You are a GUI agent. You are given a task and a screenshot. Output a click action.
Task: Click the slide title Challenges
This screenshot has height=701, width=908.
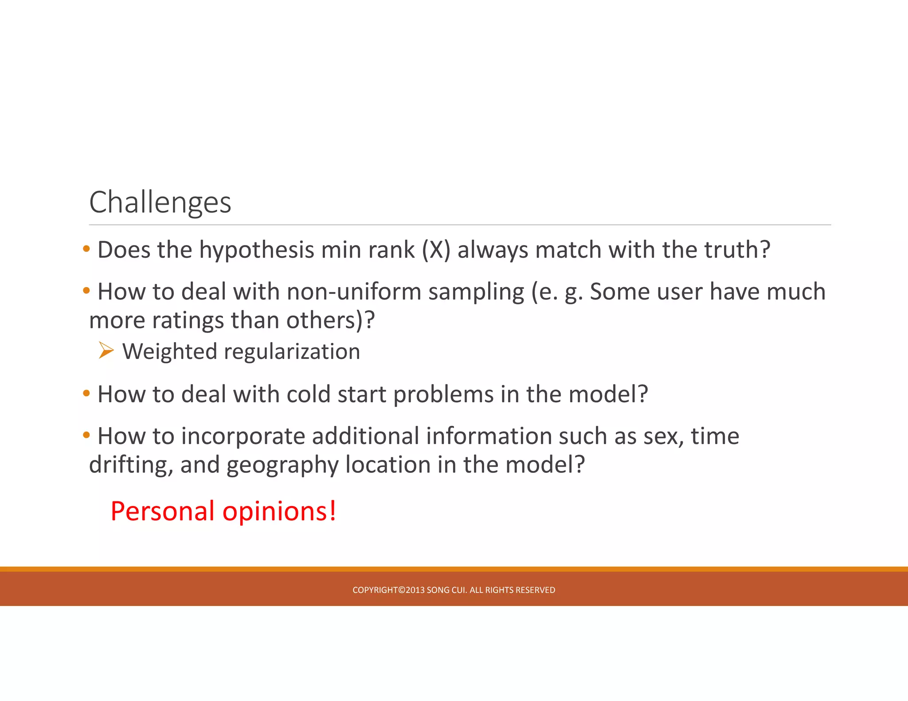160,203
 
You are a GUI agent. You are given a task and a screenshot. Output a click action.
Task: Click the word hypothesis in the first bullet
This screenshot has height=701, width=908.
257,250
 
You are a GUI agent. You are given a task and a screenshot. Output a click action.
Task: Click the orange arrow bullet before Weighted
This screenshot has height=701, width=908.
106,350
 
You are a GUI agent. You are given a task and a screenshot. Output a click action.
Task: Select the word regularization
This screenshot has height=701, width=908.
292,352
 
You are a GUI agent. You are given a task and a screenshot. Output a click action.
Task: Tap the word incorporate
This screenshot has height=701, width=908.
243,437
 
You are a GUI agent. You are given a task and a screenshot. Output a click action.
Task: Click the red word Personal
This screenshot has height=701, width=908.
162,511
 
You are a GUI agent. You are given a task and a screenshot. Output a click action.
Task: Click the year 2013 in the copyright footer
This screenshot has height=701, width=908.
415,590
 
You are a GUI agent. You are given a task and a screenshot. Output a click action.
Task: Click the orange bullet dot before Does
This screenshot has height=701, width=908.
86,249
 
